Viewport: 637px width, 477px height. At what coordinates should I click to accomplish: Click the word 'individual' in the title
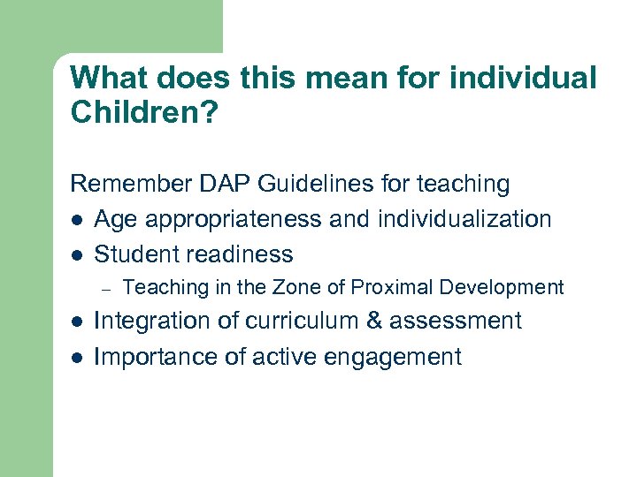(x=523, y=78)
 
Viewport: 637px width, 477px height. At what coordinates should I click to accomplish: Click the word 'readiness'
(x=238, y=254)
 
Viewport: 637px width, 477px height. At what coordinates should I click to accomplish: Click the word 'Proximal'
(x=388, y=287)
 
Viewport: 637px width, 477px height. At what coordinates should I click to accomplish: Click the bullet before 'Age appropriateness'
(x=76, y=219)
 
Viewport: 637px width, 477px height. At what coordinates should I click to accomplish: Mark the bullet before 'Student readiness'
(x=76, y=254)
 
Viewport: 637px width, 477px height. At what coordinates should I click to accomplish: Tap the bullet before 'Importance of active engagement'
(x=76, y=357)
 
